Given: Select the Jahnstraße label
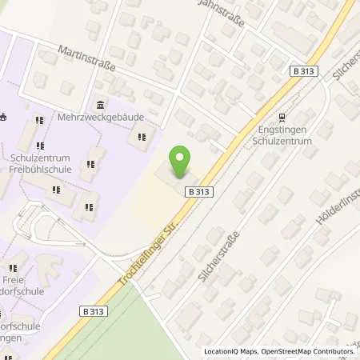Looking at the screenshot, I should (221, 13).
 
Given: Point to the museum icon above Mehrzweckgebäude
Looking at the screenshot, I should (100, 105).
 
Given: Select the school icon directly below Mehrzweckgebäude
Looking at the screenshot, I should (142, 137).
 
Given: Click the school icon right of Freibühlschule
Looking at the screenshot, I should (90, 165).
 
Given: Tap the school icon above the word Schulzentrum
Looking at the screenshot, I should (38, 122).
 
